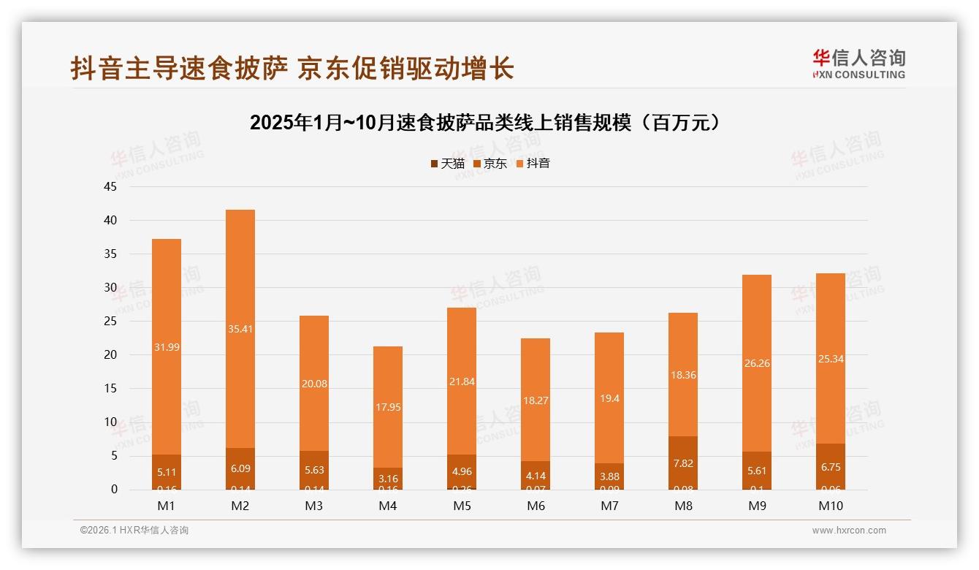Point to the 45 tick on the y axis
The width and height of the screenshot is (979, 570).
point(110,186)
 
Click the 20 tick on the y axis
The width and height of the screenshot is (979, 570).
point(110,355)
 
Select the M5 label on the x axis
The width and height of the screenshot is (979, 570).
point(462,506)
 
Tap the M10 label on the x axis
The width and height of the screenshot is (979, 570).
point(830,506)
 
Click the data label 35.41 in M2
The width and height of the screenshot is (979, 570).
point(240,329)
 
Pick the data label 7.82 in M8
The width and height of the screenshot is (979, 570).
point(682,463)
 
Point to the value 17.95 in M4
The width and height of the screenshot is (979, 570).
point(388,407)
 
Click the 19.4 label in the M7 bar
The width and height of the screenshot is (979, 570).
point(609,398)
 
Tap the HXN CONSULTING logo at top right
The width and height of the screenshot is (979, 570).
point(858,64)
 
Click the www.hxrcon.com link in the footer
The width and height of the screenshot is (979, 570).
point(849,531)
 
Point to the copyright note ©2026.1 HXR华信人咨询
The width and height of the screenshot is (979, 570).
point(134,531)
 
